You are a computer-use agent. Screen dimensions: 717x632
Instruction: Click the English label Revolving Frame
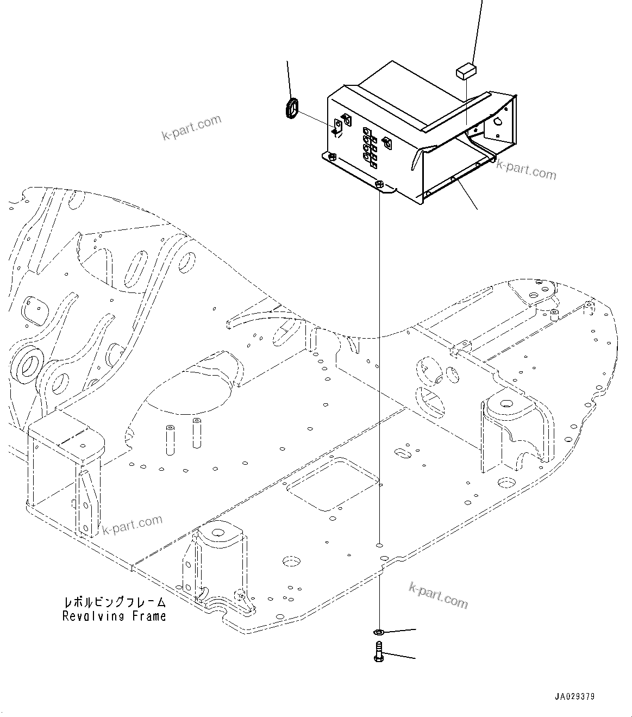[x=114, y=616]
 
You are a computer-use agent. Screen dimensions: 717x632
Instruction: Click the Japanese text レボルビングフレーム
[x=114, y=603]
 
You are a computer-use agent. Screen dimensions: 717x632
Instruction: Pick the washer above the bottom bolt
[x=378, y=632]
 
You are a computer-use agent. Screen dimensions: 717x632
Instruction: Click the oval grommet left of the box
[x=292, y=108]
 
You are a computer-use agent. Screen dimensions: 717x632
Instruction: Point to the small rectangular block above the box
[x=466, y=71]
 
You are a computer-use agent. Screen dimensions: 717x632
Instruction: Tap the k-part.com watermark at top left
[x=192, y=127]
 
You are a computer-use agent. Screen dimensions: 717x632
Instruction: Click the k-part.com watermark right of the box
[x=526, y=170]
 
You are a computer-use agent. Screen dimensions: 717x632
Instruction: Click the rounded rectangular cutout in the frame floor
[x=333, y=483]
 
